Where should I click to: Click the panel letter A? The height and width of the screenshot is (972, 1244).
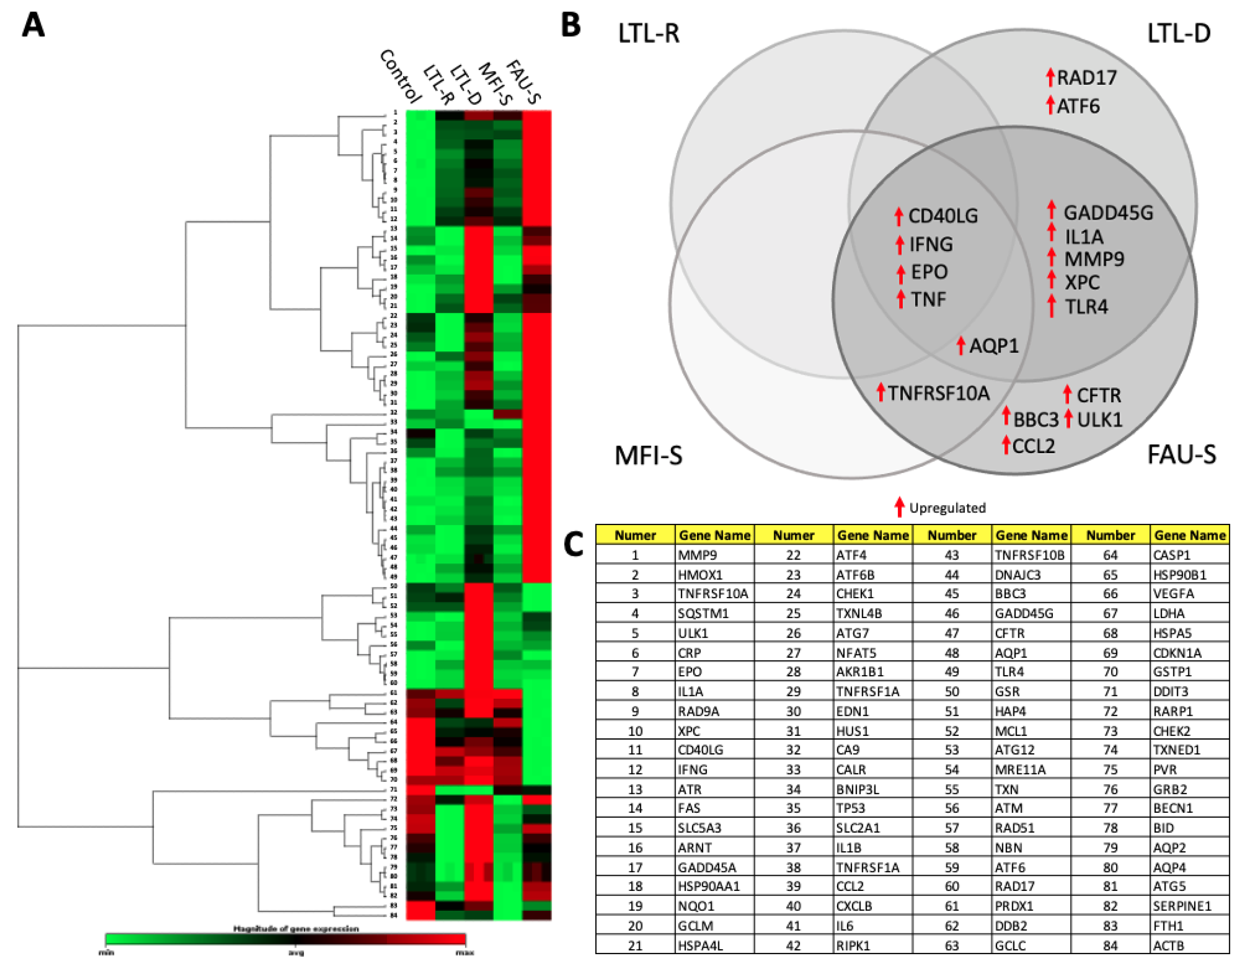pos(33,26)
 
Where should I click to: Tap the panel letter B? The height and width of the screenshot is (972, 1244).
pos(571,26)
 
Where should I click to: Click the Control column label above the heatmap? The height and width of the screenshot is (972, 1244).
pos(400,76)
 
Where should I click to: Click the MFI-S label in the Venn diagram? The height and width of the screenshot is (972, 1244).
pos(648,456)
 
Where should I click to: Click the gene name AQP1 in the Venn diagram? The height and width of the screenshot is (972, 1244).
pos(993,346)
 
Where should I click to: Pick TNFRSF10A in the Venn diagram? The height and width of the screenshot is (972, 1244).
pos(939,393)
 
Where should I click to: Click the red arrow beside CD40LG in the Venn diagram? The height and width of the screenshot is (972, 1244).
pos(899,216)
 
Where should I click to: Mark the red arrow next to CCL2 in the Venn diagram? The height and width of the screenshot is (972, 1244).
pos(1006,444)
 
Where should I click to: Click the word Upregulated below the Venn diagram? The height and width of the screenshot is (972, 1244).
pos(947,508)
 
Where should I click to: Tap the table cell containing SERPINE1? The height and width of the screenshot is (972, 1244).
pos(1189,906)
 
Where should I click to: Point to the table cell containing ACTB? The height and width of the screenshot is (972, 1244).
pos(1189,945)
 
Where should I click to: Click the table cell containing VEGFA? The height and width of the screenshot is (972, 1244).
pos(1189,594)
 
